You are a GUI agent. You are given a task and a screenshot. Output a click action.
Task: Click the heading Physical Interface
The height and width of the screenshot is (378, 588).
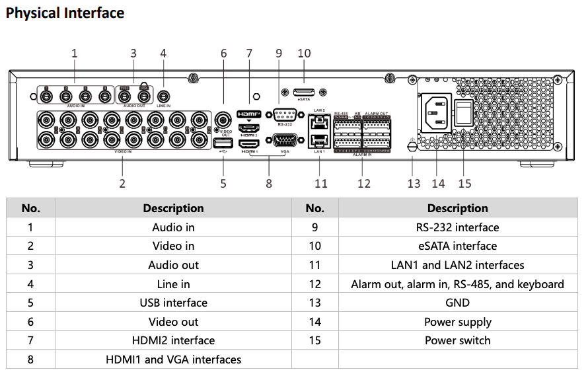65,13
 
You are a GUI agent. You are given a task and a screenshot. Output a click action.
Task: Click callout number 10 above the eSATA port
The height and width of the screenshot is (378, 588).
304,54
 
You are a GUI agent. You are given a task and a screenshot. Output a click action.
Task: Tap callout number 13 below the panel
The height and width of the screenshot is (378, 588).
414,183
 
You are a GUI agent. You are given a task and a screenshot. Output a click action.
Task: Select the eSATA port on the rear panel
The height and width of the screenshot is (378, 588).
304,91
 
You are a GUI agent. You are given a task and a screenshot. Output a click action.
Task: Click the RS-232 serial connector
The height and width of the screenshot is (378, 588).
285,114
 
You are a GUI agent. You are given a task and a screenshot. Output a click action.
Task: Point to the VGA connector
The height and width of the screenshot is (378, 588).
285,140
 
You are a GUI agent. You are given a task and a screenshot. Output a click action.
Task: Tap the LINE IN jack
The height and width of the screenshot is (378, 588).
163,97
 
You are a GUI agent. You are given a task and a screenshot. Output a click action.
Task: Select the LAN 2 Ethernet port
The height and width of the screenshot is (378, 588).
320,122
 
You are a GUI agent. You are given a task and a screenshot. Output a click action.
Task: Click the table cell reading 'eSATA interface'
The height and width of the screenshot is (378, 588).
457,246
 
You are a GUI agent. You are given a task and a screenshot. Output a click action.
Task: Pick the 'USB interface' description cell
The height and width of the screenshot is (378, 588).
173,303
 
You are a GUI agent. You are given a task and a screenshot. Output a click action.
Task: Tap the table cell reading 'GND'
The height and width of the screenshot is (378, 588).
457,303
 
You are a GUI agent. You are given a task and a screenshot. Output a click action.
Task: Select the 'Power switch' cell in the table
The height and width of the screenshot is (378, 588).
457,340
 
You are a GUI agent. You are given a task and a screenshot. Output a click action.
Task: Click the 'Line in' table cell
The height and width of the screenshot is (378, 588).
173,284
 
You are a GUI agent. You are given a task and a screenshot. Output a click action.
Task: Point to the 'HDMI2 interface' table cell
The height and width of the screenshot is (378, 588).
173,340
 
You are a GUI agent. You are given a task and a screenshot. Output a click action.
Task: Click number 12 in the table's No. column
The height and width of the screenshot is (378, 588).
314,284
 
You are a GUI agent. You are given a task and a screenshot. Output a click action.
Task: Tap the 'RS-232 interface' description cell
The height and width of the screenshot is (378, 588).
457,227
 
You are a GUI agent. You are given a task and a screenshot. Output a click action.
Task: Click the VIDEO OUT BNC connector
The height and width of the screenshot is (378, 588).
223,120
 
